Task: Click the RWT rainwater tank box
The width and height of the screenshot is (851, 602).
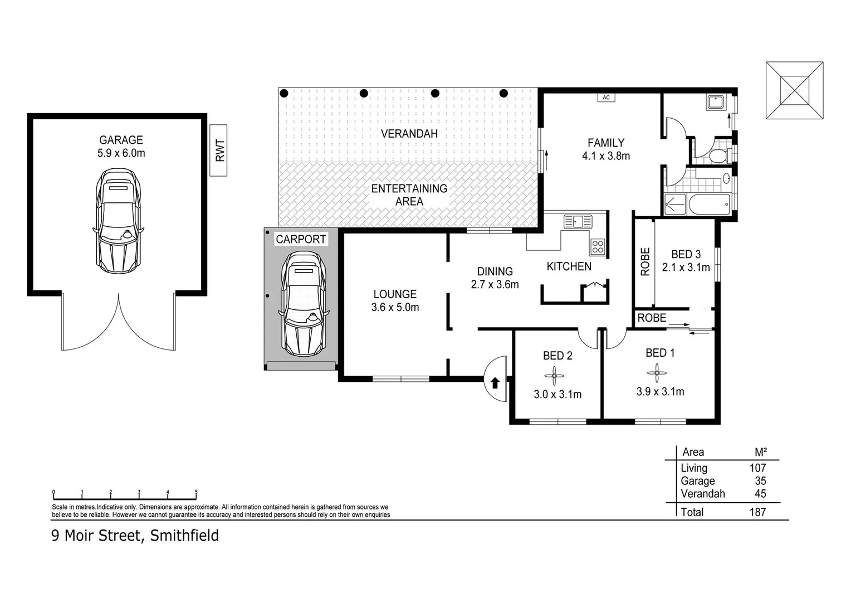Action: pyautogui.click(x=218, y=150)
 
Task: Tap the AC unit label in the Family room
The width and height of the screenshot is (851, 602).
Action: pyautogui.click(x=606, y=98)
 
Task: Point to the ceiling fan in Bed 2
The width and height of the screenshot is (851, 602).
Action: pyautogui.click(x=554, y=377)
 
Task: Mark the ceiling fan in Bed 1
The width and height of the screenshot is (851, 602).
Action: pyautogui.click(x=657, y=373)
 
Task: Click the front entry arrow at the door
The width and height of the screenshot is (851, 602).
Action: pyautogui.click(x=495, y=382)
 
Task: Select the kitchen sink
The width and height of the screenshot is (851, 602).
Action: pyautogui.click(x=578, y=221)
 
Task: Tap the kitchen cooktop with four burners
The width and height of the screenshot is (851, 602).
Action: pyautogui.click(x=598, y=246)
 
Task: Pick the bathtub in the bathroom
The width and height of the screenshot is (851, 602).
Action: pyautogui.click(x=709, y=205)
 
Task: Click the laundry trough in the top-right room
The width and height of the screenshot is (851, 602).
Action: pyautogui.click(x=715, y=102)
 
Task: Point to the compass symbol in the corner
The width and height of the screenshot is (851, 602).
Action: pyautogui.click(x=794, y=90)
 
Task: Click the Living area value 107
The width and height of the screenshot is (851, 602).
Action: pyautogui.click(x=757, y=468)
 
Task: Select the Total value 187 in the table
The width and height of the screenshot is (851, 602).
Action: pyautogui.click(x=757, y=512)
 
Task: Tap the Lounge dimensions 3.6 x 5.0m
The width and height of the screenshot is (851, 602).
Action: pyautogui.click(x=395, y=307)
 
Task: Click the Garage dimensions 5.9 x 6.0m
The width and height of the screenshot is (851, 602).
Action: pyautogui.click(x=121, y=153)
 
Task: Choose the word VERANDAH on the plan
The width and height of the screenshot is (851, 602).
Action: pyautogui.click(x=409, y=134)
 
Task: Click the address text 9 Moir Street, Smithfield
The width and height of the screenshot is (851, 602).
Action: pyautogui.click(x=135, y=536)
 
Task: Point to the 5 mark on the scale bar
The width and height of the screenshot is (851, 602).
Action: pyautogui.click(x=196, y=493)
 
